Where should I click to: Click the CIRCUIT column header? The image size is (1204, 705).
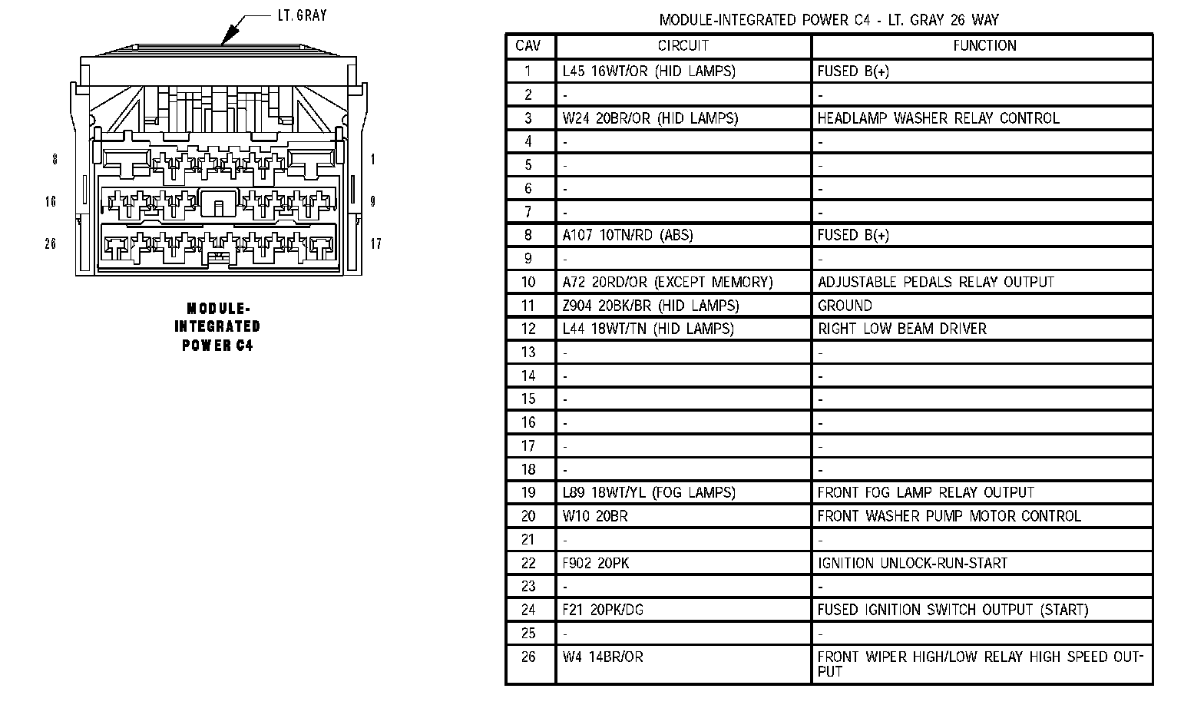point(683,46)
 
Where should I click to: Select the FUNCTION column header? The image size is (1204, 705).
point(984,46)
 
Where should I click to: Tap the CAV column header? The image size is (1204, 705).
point(528,46)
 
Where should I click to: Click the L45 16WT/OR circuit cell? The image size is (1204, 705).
point(649,71)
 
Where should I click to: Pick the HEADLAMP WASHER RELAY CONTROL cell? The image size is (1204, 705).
point(938,118)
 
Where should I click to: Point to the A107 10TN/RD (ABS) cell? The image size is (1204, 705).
point(627,235)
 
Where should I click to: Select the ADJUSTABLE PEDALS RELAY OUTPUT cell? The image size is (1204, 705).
point(935,282)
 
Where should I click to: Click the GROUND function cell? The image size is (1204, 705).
point(845,306)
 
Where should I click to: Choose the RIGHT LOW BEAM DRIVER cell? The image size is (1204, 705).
point(901,329)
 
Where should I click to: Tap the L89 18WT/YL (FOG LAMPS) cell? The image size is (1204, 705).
point(649,492)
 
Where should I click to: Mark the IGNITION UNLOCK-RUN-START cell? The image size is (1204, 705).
point(911,563)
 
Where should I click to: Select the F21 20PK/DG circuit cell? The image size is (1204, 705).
point(603,610)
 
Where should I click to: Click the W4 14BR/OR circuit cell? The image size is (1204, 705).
point(603,657)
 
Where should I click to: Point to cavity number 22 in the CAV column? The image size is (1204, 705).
point(528,563)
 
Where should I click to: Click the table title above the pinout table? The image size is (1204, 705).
point(829,20)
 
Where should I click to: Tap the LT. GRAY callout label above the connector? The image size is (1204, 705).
point(301,15)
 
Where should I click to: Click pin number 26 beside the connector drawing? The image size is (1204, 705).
point(51,243)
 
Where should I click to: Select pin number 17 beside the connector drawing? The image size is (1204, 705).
point(375,243)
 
